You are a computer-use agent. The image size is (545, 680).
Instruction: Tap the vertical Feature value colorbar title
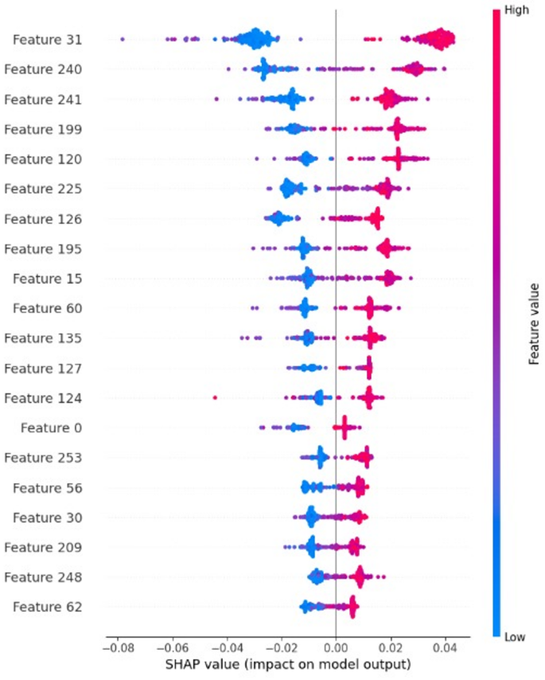pyautogui.click(x=535, y=323)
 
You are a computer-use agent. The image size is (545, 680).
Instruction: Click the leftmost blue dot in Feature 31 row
pyautogui.click(x=122, y=38)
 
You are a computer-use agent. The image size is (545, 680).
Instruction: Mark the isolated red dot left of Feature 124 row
pyautogui.click(x=215, y=397)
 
